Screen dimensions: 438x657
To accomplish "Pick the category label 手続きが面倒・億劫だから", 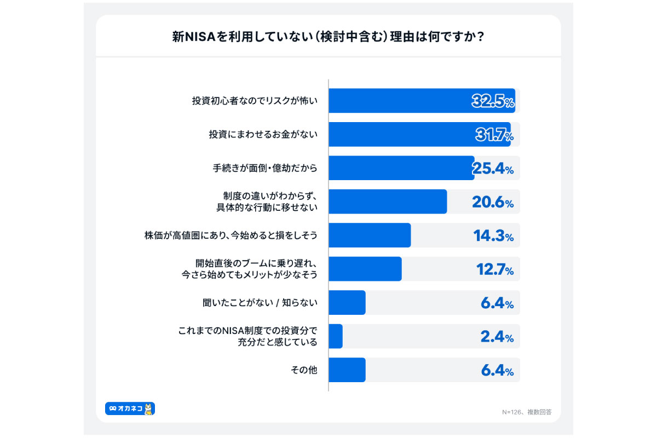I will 265,168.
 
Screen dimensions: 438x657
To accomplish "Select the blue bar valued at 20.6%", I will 388,201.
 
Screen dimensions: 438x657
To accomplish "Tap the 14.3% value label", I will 493,237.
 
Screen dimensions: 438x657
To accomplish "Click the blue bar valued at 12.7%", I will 365,269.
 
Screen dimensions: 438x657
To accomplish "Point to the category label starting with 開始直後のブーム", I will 249,269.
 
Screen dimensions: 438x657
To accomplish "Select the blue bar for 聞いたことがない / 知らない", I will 347,303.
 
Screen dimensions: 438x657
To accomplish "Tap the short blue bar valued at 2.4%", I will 336,336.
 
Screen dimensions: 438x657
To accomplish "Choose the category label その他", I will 304,370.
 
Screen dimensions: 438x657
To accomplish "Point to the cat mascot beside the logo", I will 148,409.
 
